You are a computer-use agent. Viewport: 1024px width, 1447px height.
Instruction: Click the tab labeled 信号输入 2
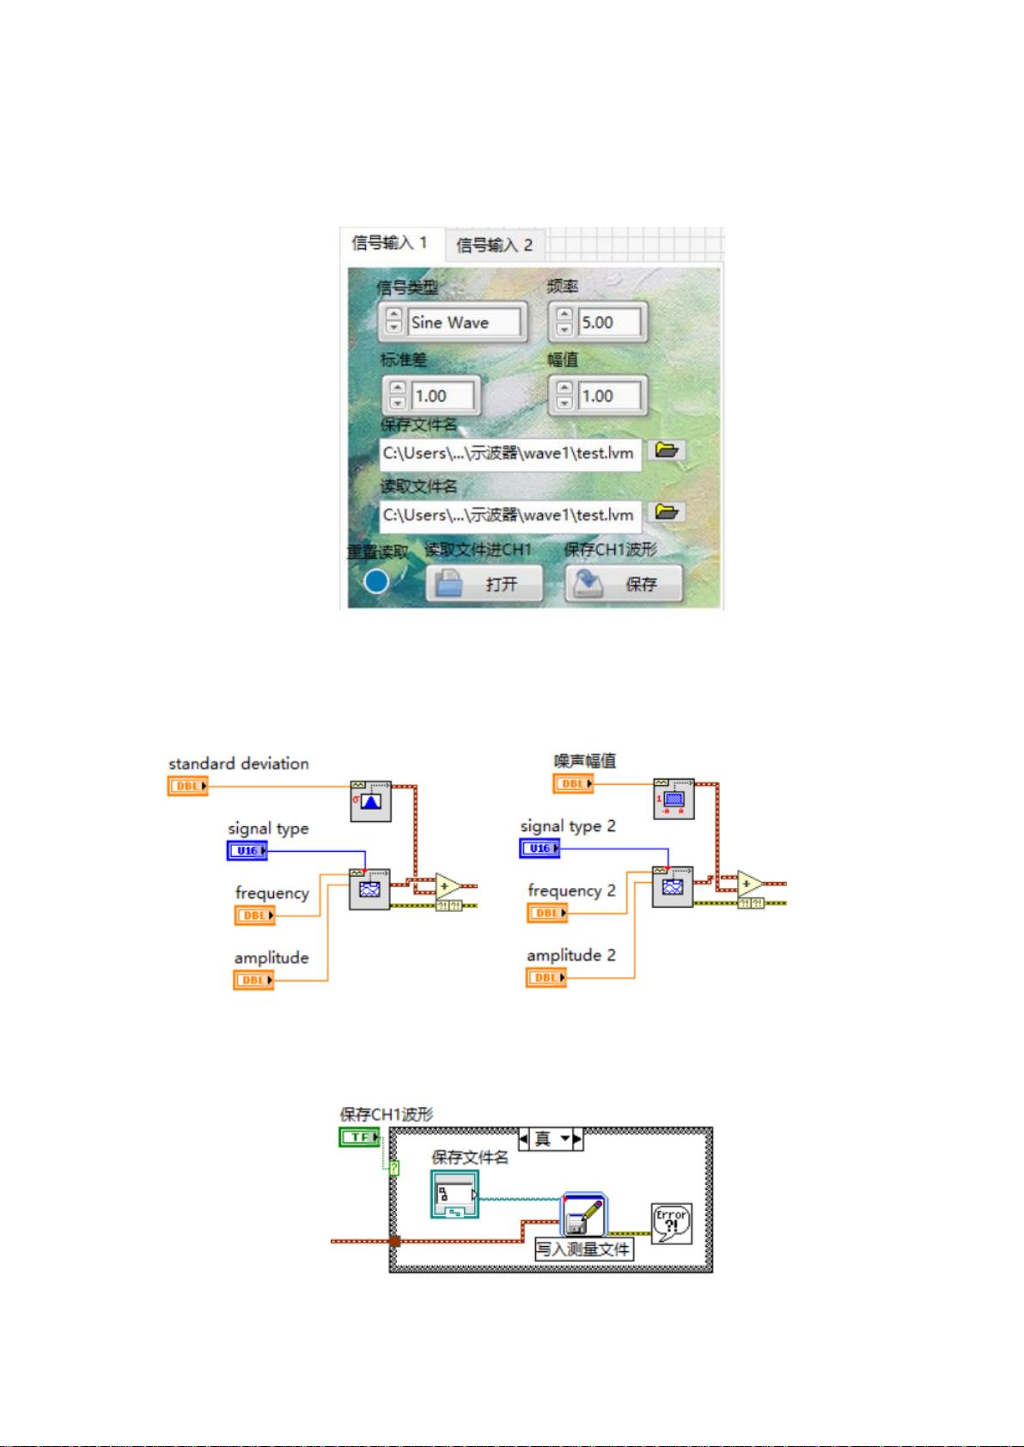point(494,246)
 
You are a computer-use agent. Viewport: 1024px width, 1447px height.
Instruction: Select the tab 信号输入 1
point(389,243)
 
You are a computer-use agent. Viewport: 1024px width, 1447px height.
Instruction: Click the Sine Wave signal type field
point(465,323)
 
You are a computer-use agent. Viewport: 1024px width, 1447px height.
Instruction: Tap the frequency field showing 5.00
point(608,323)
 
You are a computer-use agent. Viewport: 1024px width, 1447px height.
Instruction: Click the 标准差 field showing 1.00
point(442,396)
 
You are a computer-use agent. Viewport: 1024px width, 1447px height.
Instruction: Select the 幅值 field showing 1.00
point(608,396)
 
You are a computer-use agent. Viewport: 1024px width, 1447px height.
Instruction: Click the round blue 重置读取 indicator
point(376,581)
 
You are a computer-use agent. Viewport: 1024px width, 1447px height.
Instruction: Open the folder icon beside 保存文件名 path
point(666,450)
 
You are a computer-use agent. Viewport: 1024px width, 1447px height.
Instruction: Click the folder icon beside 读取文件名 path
point(666,513)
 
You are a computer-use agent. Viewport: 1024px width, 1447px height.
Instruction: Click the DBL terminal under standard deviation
point(187,786)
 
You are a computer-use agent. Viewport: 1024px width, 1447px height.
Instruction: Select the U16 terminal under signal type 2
point(539,848)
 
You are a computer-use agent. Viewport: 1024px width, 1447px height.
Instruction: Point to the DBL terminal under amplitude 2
point(546,977)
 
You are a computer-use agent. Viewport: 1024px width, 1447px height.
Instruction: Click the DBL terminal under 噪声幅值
point(572,783)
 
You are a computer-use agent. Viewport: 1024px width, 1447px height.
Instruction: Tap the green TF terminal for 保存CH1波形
point(359,1137)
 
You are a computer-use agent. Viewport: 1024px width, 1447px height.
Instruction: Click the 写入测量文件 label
point(584,1249)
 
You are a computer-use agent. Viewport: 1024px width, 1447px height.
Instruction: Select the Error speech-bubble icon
point(671,1223)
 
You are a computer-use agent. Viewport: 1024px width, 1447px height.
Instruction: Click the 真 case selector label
point(543,1139)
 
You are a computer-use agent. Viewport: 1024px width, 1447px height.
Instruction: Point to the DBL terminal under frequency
point(253,915)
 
